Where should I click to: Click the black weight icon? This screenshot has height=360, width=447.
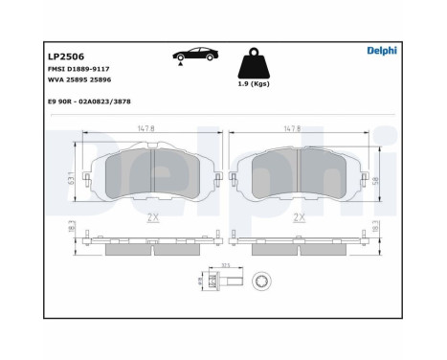pyautogui.click(x=255, y=62)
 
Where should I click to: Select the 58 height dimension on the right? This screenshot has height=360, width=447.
pyautogui.click(x=376, y=178)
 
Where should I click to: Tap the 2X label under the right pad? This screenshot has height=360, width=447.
pyautogui.click(x=300, y=216)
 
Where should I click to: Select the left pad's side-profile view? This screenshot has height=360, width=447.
pyautogui.click(x=151, y=243)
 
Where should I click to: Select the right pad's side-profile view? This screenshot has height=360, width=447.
pyautogui.click(x=300, y=243)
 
